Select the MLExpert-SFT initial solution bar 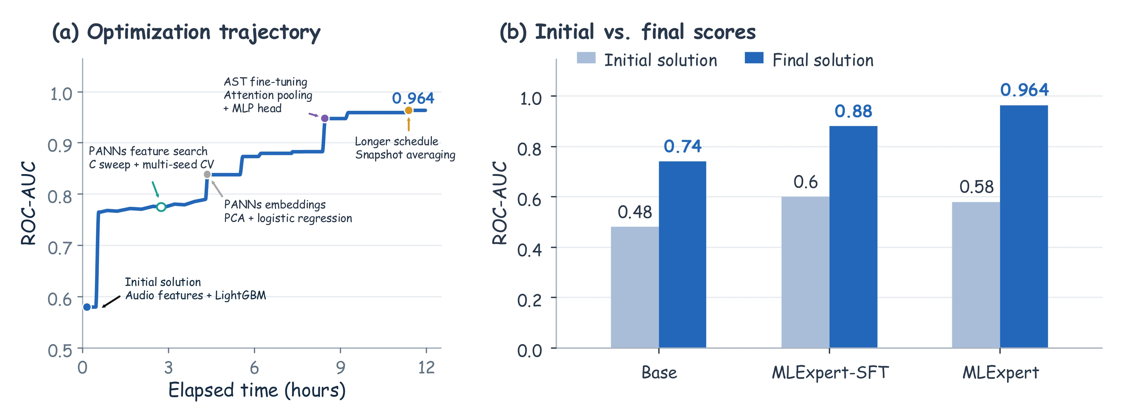[805, 272]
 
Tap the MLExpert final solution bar [1024, 227]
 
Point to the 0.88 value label [853, 111]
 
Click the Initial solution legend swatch [586, 58]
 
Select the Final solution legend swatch [754, 58]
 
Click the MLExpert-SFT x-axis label [830, 373]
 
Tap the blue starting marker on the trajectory [87, 307]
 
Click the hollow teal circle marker [161, 207]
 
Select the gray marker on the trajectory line [207, 175]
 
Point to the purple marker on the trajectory [324, 118]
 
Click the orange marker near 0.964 [408, 110]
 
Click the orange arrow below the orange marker [408, 124]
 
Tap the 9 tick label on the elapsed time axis [340, 368]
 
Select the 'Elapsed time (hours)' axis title [257, 390]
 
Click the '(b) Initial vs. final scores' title [627, 32]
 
